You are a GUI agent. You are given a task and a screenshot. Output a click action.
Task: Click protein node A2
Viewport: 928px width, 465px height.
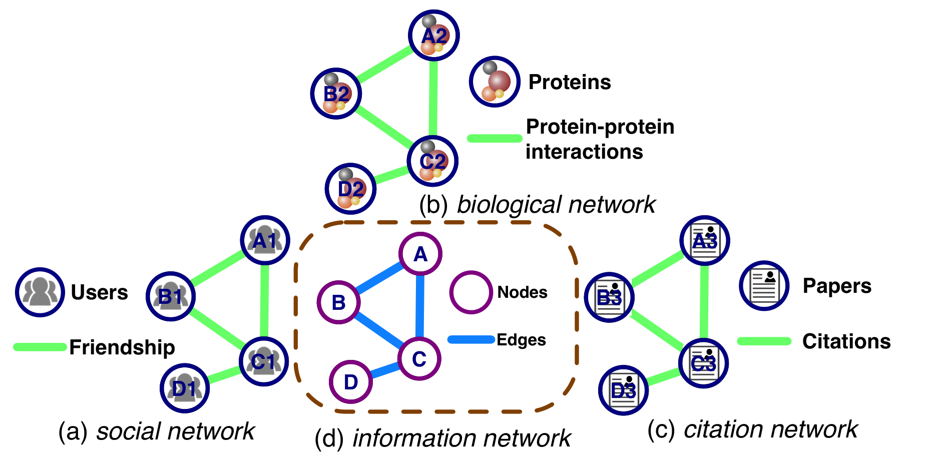click(434, 36)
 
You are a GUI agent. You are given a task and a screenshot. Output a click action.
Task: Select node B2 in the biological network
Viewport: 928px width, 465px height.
click(336, 94)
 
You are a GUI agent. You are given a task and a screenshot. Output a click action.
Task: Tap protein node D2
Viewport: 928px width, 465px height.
click(350, 189)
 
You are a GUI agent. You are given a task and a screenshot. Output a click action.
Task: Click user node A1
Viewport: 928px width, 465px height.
click(265, 240)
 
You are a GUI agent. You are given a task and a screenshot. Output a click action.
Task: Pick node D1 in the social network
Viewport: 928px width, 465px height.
click(185, 388)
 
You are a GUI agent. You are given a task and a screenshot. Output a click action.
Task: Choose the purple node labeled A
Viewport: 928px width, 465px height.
click(420, 254)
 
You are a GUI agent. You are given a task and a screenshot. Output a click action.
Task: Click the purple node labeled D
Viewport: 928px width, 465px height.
click(351, 382)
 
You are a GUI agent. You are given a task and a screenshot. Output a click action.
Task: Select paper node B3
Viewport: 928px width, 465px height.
click(610, 297)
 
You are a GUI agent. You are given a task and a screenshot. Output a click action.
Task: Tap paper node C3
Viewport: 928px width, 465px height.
click(704, 363)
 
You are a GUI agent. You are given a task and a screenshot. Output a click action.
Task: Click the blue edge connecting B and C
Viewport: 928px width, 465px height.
click(379, 331)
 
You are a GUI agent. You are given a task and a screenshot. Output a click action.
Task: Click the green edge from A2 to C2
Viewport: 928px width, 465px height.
click(433, 99)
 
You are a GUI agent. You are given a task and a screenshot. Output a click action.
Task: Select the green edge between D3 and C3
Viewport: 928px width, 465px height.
click(664, 377)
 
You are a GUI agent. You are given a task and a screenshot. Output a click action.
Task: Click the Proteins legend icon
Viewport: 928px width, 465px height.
click(495, 82)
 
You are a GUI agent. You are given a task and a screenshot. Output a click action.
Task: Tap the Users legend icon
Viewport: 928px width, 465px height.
click(40, 292)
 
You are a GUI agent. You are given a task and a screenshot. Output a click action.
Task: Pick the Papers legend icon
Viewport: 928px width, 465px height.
click(764, 285)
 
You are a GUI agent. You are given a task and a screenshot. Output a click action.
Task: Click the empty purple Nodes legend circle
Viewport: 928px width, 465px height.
click(471, 292)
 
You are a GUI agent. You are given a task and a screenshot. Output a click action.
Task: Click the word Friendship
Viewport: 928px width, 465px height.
click(122, 347)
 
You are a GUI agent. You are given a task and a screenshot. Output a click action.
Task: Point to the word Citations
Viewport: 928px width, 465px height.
click(846, 341)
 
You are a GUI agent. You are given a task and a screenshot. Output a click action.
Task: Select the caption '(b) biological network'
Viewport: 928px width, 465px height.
click(537, 205)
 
